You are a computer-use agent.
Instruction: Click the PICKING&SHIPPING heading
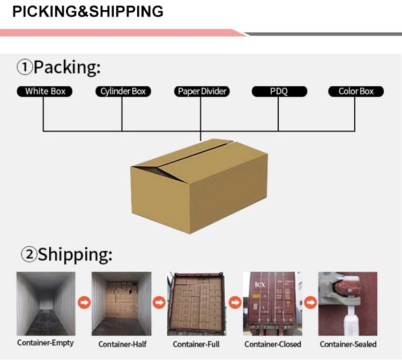(x=88, y=11)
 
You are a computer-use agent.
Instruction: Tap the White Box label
(x=45, y=91)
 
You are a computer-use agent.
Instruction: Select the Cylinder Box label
(x=123, y=91)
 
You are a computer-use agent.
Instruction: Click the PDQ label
(x=279, y=91)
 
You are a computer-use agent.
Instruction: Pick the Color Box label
(x=356, y=91)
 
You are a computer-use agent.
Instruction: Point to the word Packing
(x=67, y=68)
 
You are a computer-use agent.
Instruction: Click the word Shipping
(x=75, y=254)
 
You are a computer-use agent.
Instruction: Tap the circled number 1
(x=25, y=68)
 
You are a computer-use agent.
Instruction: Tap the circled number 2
(x=28, y=255)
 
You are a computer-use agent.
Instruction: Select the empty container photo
(x=46, y=303)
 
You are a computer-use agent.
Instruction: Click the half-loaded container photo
(x=122, y=303)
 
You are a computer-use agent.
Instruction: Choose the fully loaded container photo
(x=197, y=303)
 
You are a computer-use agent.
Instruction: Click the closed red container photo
(x=273, y=303)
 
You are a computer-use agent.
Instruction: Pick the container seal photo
(x=348, y=303)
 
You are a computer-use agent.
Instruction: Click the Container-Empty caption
(x=46, y=343)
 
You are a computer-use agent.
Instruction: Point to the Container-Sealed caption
(x=348, y=344)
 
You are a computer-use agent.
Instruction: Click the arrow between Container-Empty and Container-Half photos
(x=84, y=304)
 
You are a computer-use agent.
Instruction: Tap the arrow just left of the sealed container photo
(x=310, y=304)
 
